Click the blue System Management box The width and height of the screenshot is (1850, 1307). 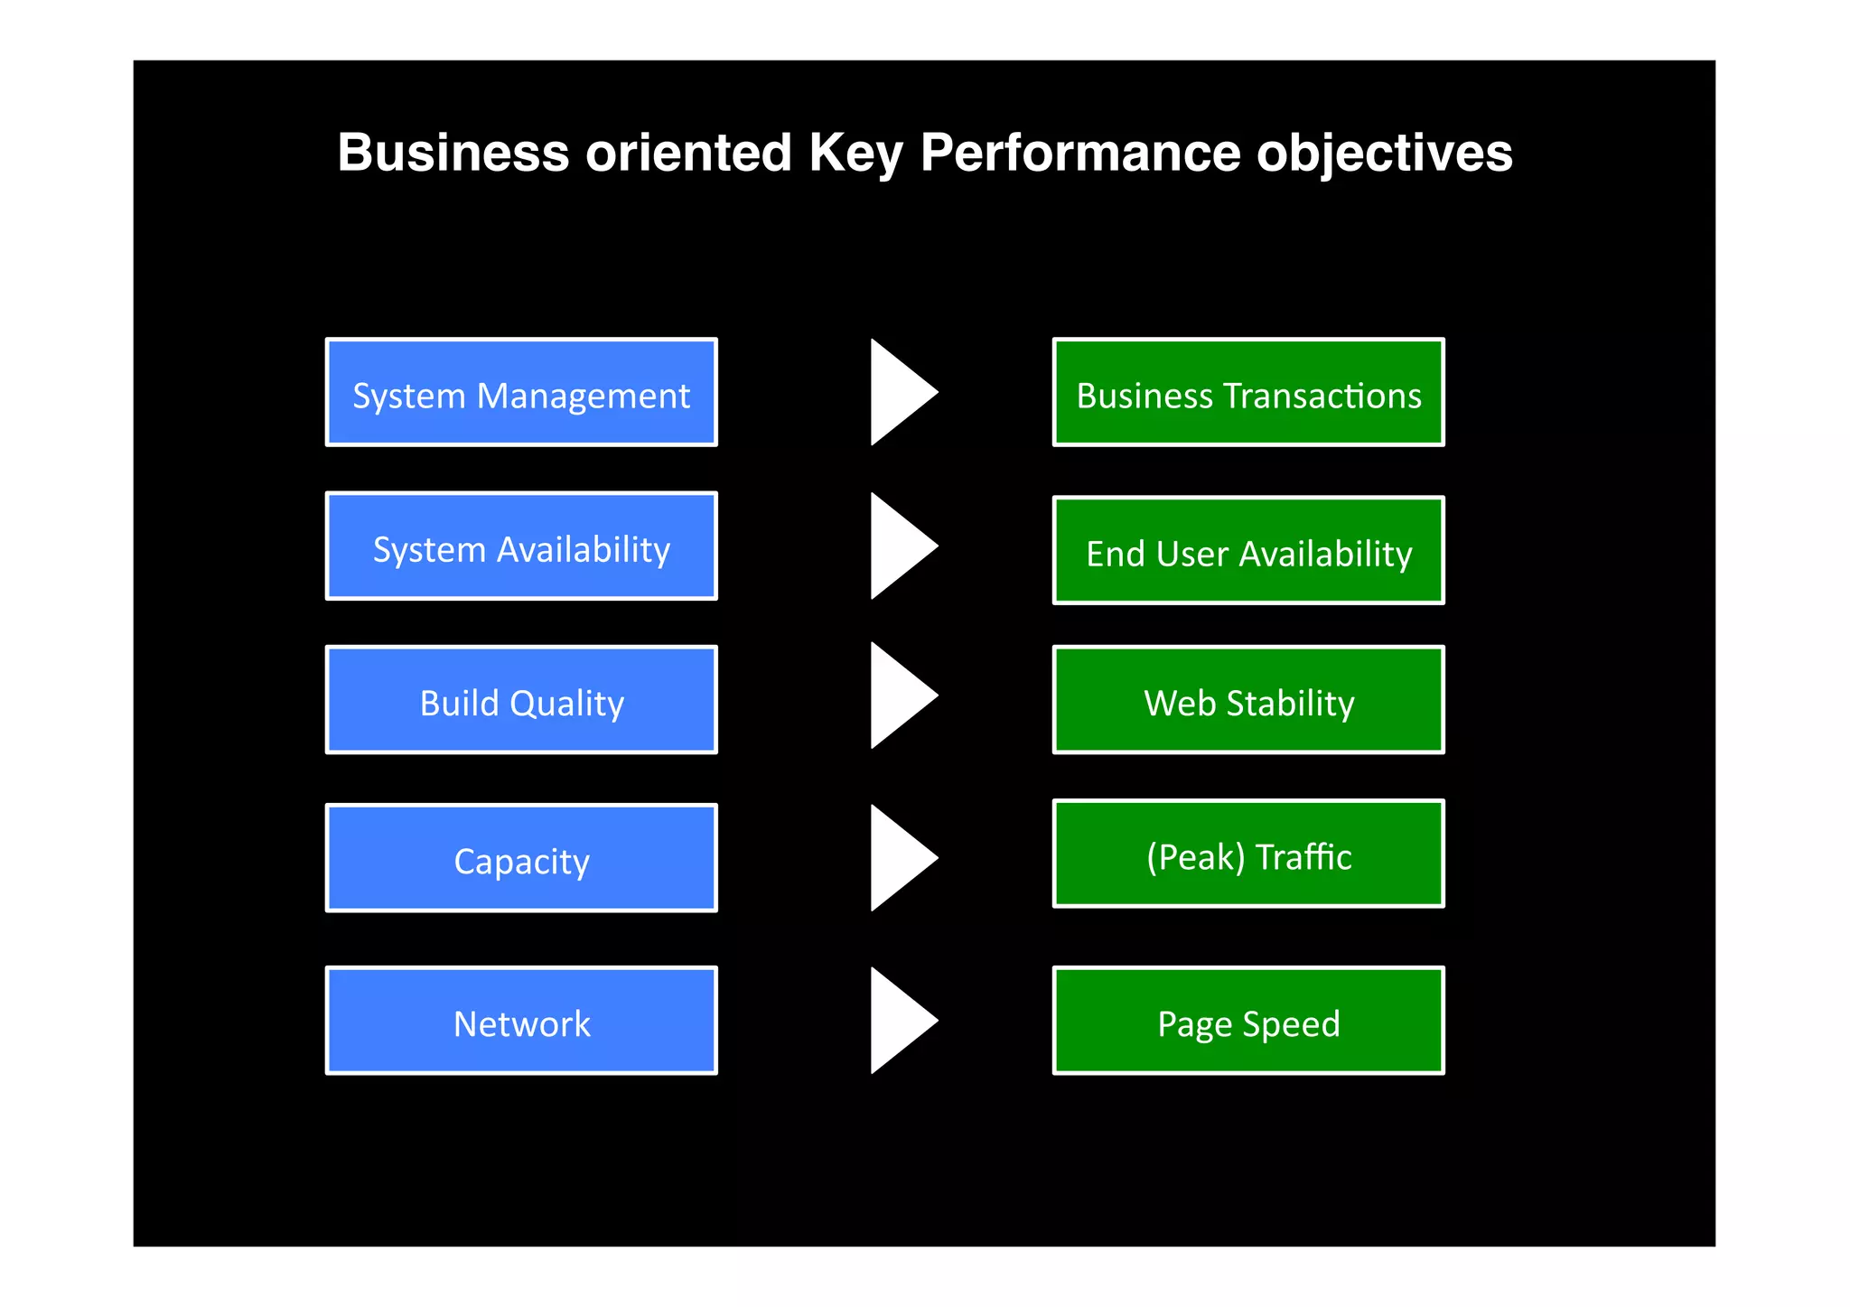[521, 392]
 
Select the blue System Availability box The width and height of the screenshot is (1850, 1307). [521, 546]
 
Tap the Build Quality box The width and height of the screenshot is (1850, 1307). [521, 699]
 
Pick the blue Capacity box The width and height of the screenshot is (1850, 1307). [521, 858]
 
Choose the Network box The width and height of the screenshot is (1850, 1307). [521, 1021]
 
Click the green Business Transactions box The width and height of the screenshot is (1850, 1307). [1248, 392]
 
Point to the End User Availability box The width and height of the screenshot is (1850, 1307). [1248, 550]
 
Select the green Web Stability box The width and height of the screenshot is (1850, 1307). [1248, 699]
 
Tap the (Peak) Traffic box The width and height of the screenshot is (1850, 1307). [1248, 854]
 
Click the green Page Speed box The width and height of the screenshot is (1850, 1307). [1248, 1021]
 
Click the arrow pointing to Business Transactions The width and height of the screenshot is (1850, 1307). [898, 392]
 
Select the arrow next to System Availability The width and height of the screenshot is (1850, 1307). [898, 546]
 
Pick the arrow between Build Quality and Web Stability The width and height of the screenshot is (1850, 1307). [898, 696]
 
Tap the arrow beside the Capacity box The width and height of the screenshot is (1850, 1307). [898, 858]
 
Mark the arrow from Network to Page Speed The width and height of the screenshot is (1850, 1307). [898, 1021]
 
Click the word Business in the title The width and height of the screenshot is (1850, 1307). [453, 152]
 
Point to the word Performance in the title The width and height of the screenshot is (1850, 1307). [1079, 152]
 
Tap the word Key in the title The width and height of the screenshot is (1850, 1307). [855, 152]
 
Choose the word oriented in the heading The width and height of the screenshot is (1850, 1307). [688, 152]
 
